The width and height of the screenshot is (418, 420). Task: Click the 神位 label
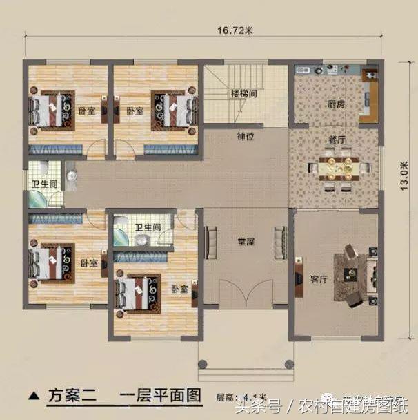[246, 136]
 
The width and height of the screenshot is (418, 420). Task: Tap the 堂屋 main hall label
[246, 241]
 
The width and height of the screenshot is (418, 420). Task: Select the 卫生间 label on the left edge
[43, 184]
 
